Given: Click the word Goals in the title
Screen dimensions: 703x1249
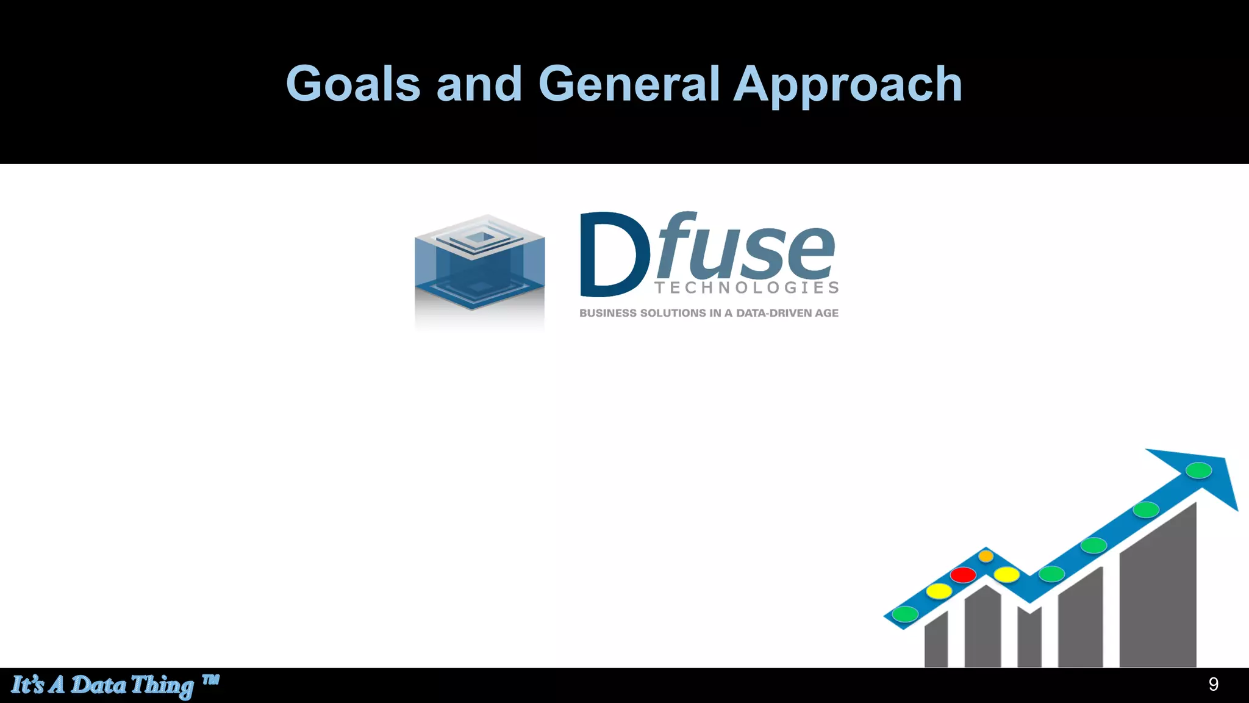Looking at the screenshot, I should point(353,84).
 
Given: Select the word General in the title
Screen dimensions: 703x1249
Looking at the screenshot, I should point(629,84).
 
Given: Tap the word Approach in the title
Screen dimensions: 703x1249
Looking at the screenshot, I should point(848,85).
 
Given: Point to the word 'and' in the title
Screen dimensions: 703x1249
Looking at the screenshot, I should point(479,84).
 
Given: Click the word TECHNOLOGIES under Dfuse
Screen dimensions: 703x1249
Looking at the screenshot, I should point(746,287).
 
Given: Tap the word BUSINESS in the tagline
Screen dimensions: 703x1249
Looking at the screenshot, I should point(607,313).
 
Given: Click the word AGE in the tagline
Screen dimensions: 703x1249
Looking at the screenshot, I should point(827,313).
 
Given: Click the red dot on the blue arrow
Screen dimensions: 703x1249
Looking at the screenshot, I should point(963,575).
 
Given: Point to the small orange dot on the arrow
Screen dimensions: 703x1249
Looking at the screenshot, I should point(986,556).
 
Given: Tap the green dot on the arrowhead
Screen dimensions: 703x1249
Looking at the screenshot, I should point(1198,470).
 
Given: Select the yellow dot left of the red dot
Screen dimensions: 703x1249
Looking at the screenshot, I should point(939,591).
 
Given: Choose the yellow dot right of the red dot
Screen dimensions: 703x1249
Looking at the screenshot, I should point(1006,574).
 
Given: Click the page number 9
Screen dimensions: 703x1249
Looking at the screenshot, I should point(1213,685).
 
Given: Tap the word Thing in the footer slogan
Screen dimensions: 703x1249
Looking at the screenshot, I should point(162,685).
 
